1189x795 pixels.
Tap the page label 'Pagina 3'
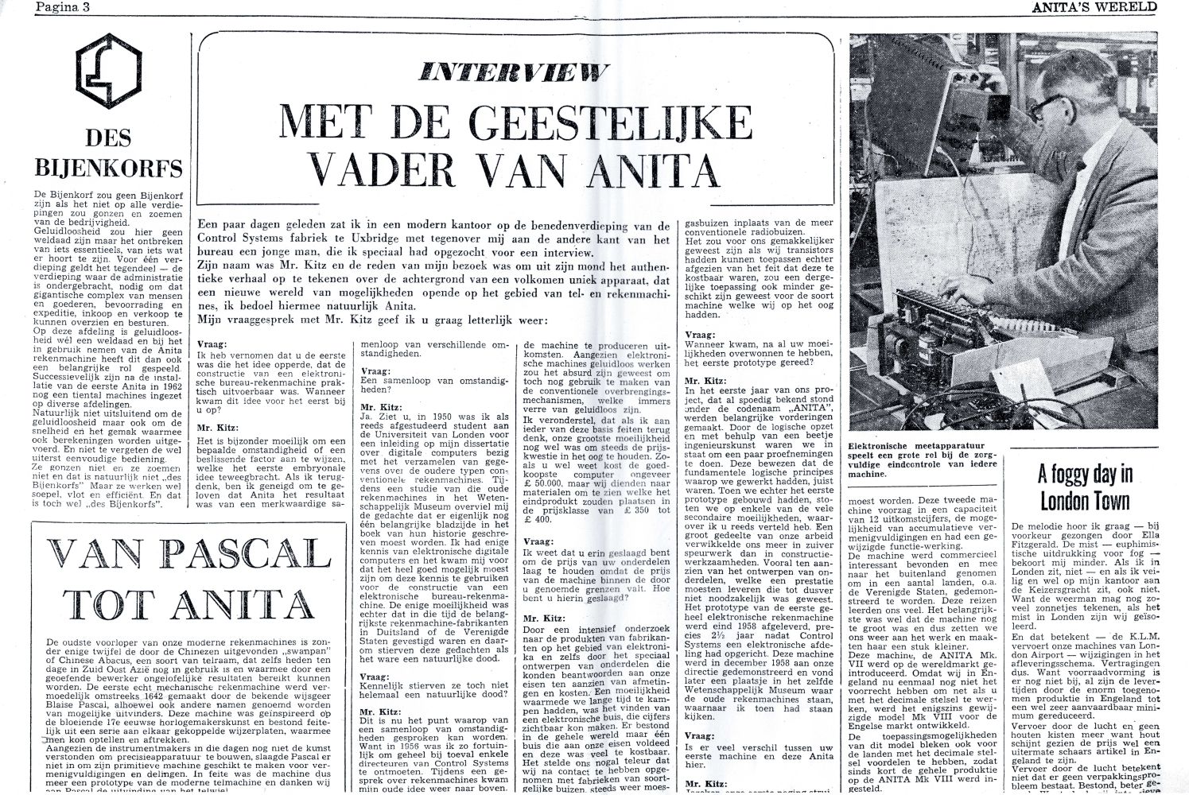coord(60,7)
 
